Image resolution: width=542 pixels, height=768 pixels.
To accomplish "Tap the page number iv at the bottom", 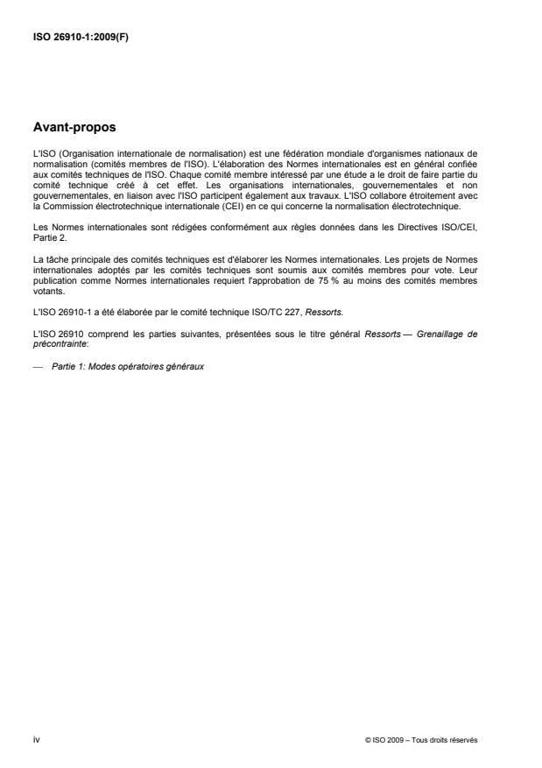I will click(36, 740).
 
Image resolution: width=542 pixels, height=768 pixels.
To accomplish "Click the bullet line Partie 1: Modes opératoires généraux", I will click(128, 365).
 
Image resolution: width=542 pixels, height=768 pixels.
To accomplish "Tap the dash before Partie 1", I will click(38, 365).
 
